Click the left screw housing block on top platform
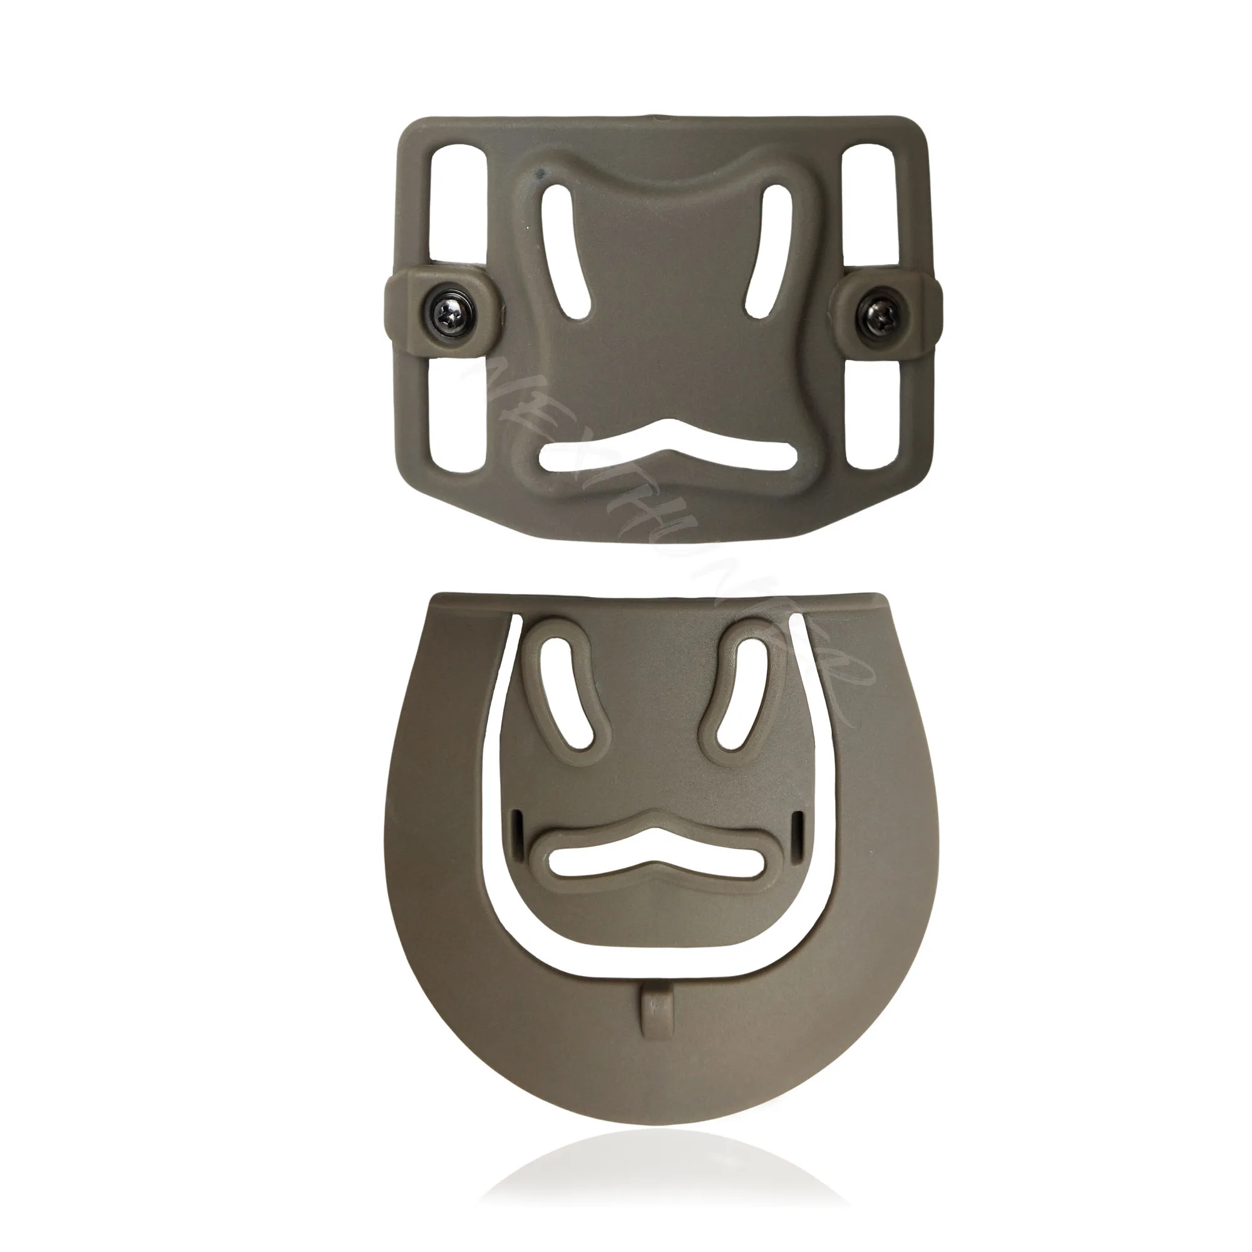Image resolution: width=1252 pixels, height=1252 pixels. [415, 315]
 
